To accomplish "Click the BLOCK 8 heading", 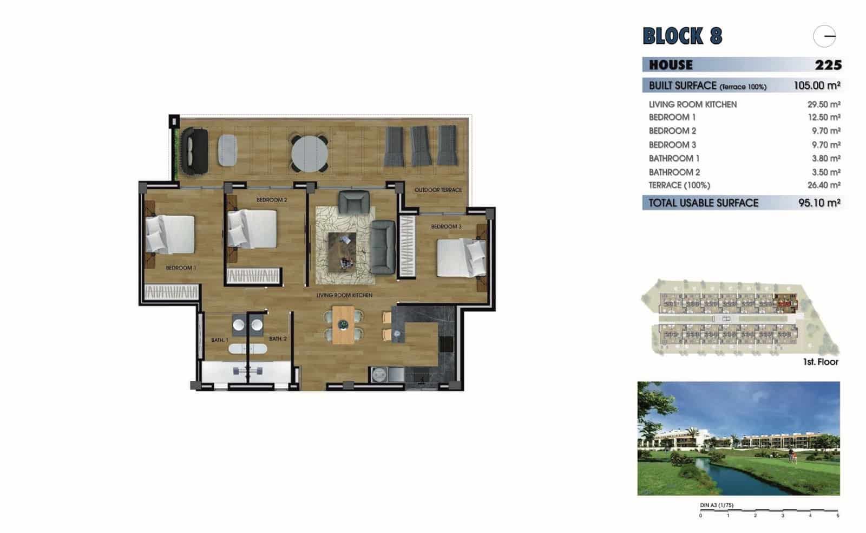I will (x=682, y=36).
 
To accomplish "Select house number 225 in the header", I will (x=828, y=65).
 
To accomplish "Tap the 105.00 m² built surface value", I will (x=816, y=86).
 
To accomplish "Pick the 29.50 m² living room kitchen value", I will (x=823, y=104).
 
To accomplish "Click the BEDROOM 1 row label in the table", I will (x=672, y=118).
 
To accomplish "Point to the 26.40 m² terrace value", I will (x=823, y=185).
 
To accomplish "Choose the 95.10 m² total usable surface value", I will (x=819, y=203).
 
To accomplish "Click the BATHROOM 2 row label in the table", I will (x=674, y=172).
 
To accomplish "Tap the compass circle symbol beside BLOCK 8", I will (x=824, y=37).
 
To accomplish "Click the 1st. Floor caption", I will (x=820, y=362).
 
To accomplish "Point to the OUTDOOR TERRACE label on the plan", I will (x=438, y=190).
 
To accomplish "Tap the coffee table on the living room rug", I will (x=342, y=252).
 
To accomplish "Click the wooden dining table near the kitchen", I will (x=343, y=324).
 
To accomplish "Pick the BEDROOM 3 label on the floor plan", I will (x=446, y=226).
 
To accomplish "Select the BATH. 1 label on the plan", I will (x=219, y=340).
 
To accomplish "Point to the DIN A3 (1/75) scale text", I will (x=717, y=505).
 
